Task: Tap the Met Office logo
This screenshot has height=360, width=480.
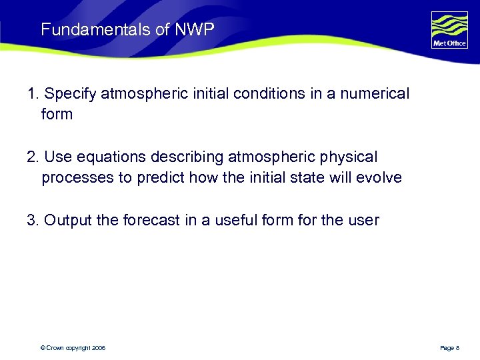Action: [x=449, y=30]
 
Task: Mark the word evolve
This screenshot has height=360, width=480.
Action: [x=379, y=178]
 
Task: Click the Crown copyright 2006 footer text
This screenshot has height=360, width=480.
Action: [x=73, y=348]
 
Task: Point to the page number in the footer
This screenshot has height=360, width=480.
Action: [x=449, y=348]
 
